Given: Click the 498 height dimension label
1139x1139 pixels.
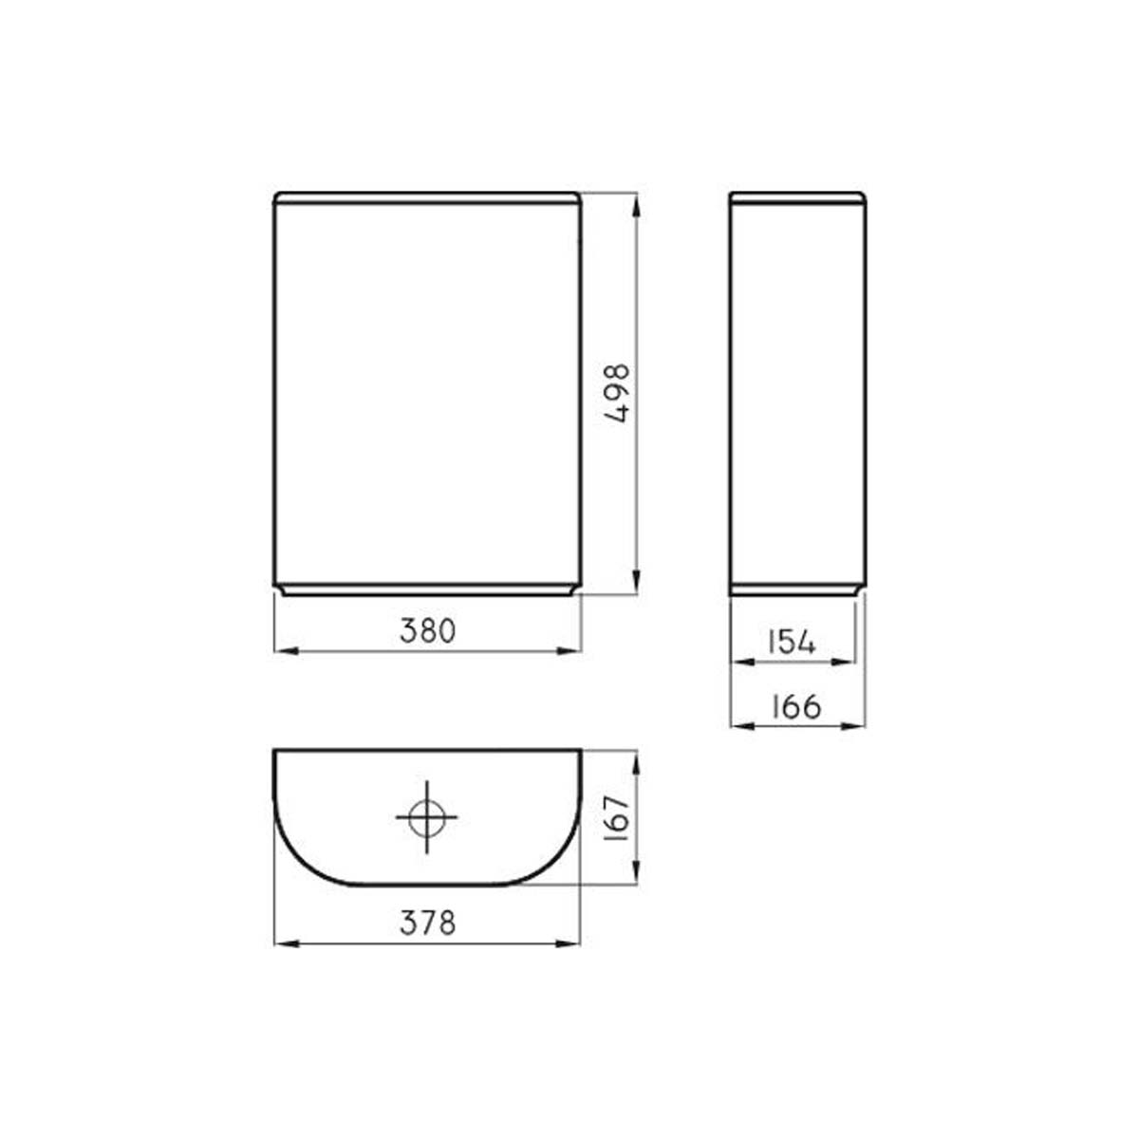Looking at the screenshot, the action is click(618, 393).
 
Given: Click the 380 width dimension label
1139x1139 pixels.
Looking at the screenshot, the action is click(428, 631).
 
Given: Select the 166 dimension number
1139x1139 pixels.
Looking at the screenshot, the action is click(796, 706).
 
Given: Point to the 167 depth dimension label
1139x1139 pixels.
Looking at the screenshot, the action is click(618, 818).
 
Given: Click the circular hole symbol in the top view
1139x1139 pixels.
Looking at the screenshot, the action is click(427, 817).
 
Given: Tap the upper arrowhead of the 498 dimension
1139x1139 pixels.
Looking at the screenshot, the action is click(636, 206).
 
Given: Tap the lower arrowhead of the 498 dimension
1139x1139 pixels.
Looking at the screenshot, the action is click(636, 582).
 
